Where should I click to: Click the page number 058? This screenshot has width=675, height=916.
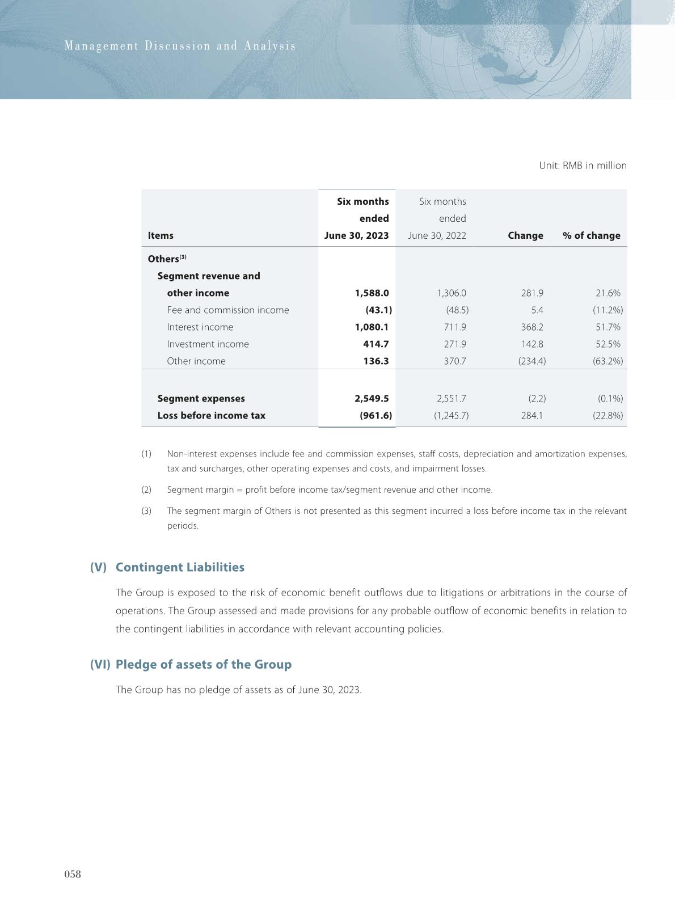click(x=73, y=874)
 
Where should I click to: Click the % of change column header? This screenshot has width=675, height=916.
click(x=591, y=235)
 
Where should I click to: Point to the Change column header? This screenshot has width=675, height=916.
click(x=525, y=235)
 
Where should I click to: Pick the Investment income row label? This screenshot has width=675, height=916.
click(x=208, y=344)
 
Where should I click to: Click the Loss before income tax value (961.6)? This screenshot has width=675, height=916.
click(x=376, y=416)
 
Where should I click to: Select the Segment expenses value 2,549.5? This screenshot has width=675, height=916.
click(x=372, y=399)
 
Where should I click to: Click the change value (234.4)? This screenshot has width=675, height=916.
click(x=531, y=361)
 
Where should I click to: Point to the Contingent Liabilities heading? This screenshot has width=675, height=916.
click(x=180, y=567)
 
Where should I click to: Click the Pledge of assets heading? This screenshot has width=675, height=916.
click(x=203, y=664)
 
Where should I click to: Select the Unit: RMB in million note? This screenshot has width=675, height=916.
click(x=583, y=166)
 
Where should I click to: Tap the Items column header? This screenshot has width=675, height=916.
click(x=161, y=235)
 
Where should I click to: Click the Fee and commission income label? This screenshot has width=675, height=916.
click(x=227, y=310)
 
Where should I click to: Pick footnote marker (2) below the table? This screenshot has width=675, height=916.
click(x=146, y=490)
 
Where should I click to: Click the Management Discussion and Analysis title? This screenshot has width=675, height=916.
click(x=180, y=46)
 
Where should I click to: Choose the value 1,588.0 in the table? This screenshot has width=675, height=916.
click(x=372, y=293)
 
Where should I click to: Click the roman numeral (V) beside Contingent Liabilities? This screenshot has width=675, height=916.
click(x=98, y=567)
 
